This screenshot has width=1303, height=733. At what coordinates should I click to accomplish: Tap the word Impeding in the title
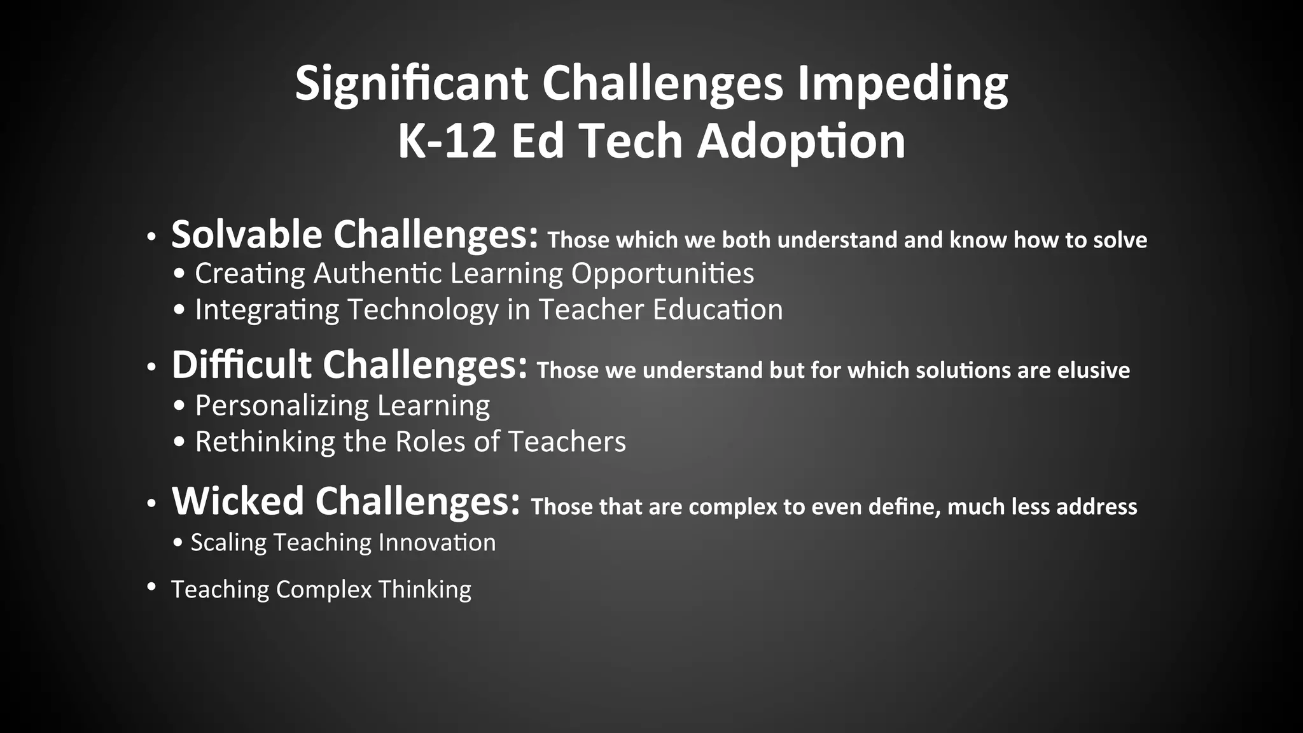[903, 83]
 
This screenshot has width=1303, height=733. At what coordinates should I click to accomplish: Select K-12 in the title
[446, 141]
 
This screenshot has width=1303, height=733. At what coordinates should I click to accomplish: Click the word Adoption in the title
[801, 141]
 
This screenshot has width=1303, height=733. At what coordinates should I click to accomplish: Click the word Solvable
[247, 234]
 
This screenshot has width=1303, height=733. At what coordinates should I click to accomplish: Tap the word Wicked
[238, 501]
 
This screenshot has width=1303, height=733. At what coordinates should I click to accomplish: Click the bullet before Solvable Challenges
[151, 238]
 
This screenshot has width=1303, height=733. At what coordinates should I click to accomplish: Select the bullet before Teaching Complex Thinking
[151, 586]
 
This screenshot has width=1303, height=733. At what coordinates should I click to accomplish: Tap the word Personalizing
[282, 405]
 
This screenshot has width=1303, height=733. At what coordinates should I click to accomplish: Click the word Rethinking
[265, 442]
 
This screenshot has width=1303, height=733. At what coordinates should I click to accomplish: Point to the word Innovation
[437, 543]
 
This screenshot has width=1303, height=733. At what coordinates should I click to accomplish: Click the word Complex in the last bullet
[324, 590]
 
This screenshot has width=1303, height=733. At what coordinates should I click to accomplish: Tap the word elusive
[1093, 370]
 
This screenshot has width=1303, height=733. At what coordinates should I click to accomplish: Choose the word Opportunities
[662, 274]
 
